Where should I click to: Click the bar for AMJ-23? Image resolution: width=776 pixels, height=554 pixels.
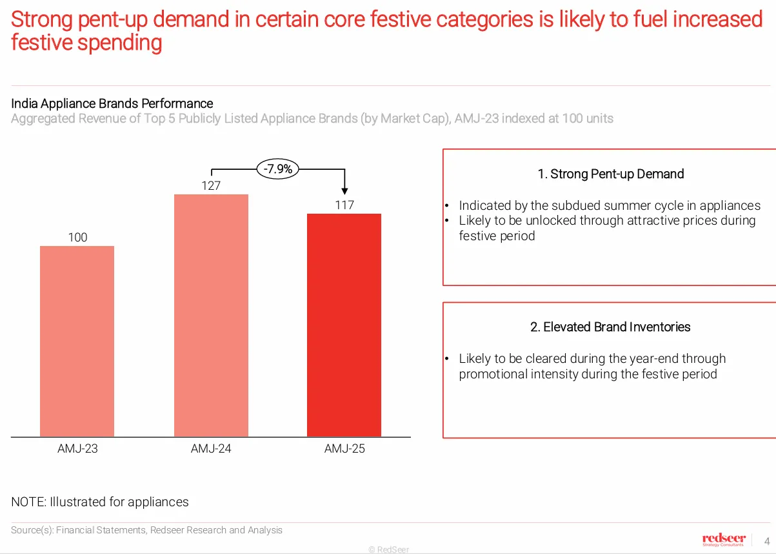77,341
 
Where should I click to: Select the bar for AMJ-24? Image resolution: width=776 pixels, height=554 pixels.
211,315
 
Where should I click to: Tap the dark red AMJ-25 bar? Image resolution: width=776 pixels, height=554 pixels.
344,325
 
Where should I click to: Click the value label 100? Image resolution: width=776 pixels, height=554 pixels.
77,238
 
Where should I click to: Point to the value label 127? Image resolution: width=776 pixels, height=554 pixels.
211,186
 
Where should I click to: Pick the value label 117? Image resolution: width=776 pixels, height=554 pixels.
344,205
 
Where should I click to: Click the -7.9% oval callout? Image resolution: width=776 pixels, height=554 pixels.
278,169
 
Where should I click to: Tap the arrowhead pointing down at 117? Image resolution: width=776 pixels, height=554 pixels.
344,190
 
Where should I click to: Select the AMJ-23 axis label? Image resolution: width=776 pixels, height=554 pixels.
77,449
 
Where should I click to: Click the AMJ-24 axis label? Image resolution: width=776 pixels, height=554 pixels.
211,449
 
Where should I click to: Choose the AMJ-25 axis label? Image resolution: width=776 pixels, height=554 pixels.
344,449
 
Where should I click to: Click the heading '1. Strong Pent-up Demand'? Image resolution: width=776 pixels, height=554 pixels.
610,174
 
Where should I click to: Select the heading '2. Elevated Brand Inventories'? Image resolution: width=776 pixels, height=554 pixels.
610,327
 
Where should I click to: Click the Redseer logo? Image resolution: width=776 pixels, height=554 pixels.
723,540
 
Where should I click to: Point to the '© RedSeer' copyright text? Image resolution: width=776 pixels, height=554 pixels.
388,549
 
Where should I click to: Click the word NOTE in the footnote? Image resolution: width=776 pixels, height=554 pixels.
28,502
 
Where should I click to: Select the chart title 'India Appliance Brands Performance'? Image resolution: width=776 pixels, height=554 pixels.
112,103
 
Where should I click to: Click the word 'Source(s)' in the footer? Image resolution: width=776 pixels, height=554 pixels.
32,530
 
